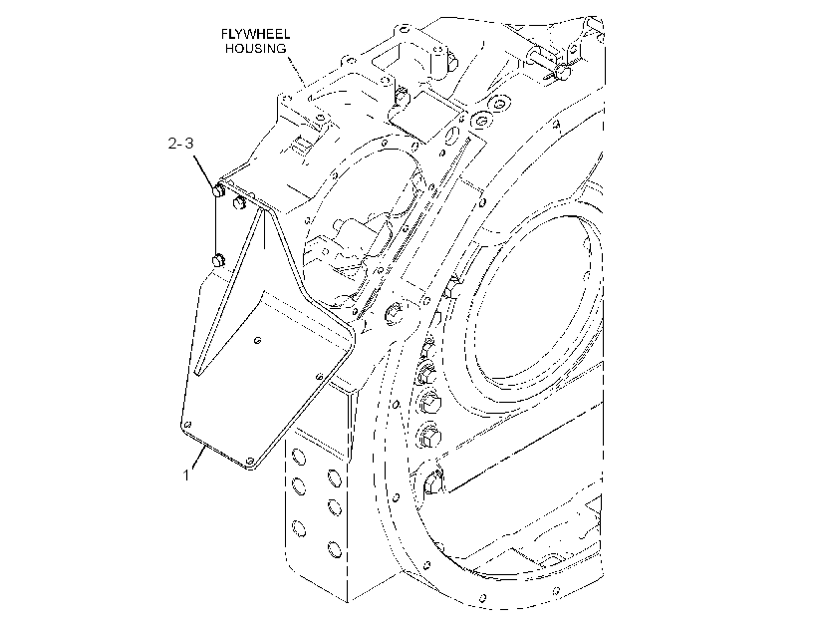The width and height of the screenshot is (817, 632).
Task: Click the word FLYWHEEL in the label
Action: coord(255,35)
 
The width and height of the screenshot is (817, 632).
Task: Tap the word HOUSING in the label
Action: coord(256,49)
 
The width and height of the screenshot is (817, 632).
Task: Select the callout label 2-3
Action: coord(180,143)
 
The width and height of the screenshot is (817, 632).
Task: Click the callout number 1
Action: coord(186,475)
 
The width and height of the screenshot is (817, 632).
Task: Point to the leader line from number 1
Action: coord(198,457)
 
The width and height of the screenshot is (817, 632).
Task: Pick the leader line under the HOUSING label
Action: coord(297,72)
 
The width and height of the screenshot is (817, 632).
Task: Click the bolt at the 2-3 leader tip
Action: coord(218,190)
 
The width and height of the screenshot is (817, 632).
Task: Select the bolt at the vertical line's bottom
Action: coord(217,260)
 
